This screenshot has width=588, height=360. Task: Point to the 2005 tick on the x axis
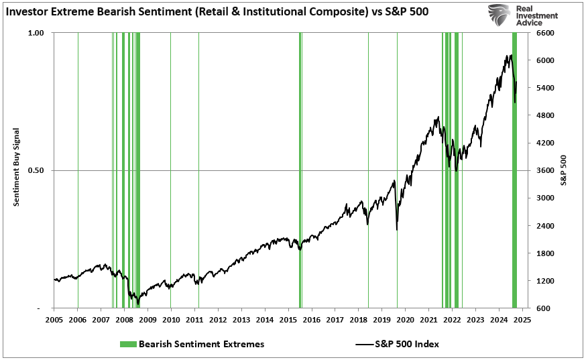point(54,319)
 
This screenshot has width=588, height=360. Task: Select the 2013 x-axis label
point(241,319)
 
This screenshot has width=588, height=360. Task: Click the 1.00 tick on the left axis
point(36,33)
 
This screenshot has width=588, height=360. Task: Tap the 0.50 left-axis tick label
point(36,170)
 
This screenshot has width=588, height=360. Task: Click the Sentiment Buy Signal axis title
point(17,170)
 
